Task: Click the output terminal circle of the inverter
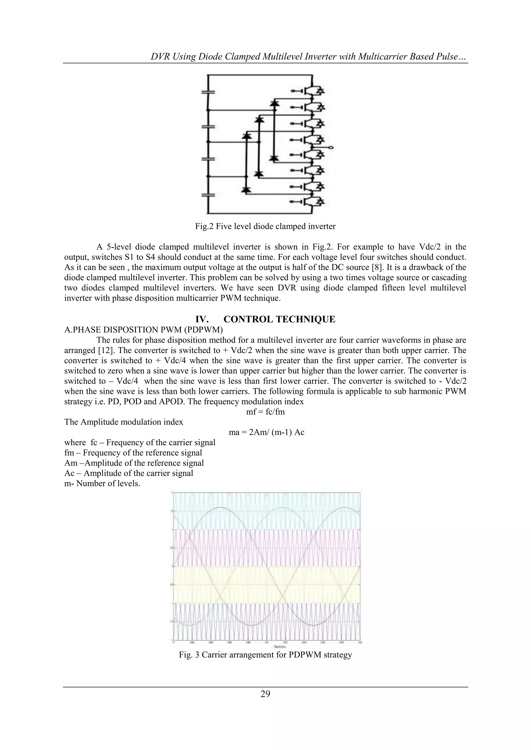click(x=331, y=148)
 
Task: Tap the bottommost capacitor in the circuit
click(x=207, y=195)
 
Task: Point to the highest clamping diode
click(x=274, y=104)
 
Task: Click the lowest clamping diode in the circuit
click(x=246, y=190)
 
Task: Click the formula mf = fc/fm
click(x=265, y=412)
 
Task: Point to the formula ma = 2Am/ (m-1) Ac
click(x=267, y=432)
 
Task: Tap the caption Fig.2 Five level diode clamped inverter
click(x=265, y=226)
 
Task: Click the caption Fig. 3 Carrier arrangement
click(x=265, y=661)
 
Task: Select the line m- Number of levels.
click(x=102, y=484)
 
